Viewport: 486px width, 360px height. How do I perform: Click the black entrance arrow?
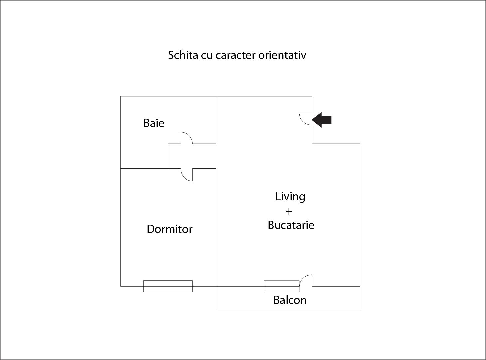[322, 120]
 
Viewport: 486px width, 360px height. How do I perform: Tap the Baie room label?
[154, 123]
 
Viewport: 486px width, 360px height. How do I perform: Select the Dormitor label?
[170, 229]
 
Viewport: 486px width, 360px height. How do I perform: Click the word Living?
[290, 196]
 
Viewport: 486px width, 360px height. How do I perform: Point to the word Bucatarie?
[291, 225]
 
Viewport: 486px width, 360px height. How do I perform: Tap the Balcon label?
[290, 300]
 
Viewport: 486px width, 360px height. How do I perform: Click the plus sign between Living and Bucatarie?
[289, 211]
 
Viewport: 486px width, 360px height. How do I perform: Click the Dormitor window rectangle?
[168, 286]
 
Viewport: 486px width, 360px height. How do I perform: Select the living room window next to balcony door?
[282, 286]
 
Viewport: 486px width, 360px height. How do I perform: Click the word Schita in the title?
[183, 55]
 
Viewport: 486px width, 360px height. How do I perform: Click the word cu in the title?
[207, 55]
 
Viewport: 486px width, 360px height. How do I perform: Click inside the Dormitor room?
[168, 253]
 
